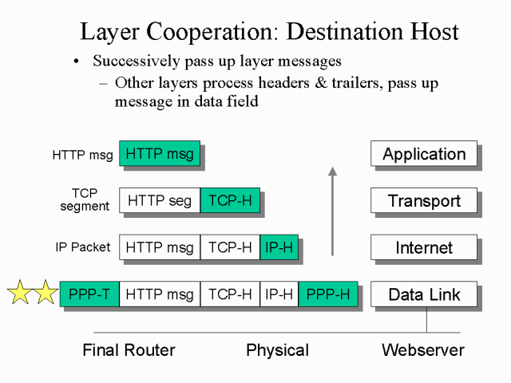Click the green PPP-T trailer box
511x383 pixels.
(89, 294)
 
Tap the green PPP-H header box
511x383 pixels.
(328, 294)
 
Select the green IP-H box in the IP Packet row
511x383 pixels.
(279, 247)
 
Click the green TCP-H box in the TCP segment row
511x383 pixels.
(229, 200)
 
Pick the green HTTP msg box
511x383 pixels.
(160, 154)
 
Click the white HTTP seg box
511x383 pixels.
(160, 200)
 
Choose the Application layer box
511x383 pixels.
(424, 154)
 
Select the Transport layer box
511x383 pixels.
(424, 200)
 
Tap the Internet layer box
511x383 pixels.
(424, 247)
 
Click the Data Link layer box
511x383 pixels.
(424, 294)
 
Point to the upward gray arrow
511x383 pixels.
(333, 211)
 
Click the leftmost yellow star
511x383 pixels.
(19, 293)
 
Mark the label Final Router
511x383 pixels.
(129, 349)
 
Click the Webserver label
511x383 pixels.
(422, 349)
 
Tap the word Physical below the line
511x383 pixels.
(277, 349)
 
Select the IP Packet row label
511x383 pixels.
(83, 247)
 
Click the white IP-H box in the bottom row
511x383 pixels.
(279, 294)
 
